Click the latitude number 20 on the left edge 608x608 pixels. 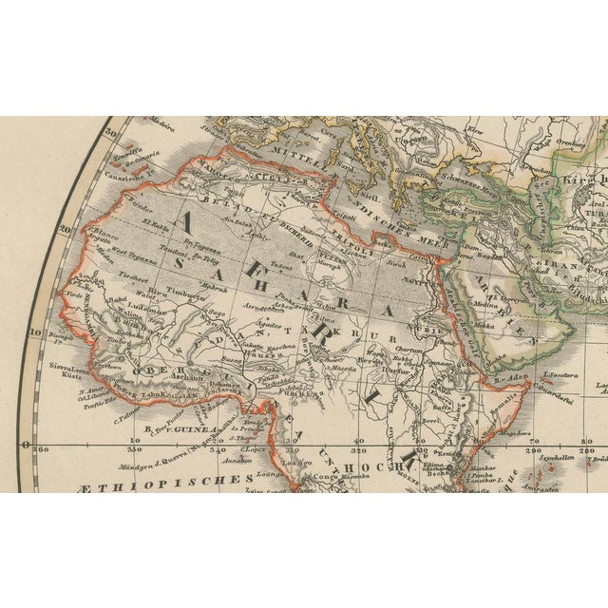(x=64, y=229)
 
